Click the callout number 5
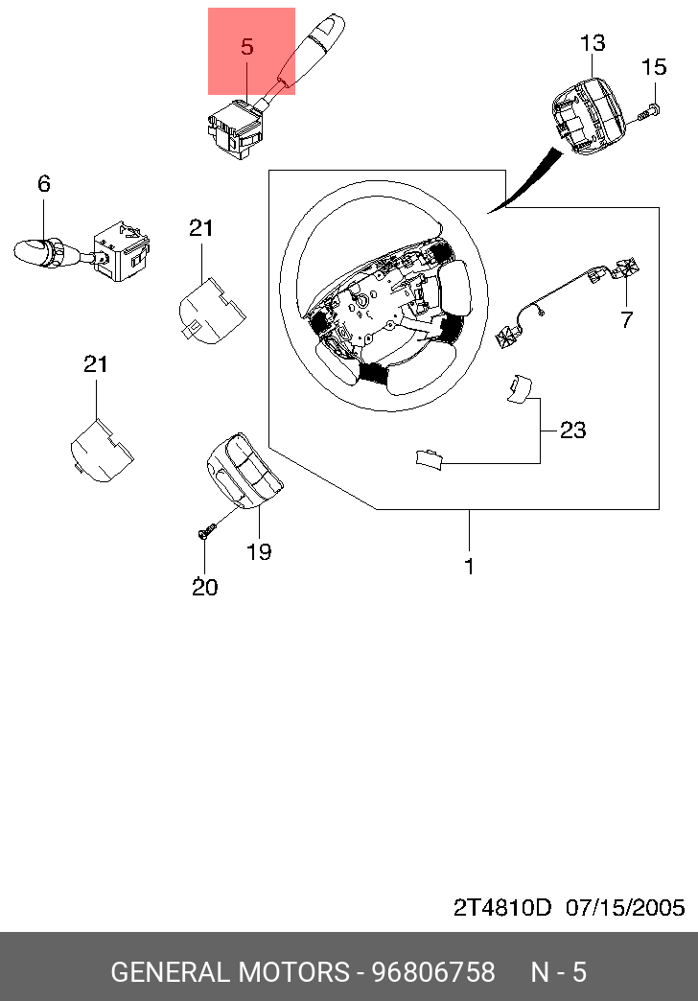pos(247,47)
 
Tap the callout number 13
pos(592,43)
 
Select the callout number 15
pos(653,66)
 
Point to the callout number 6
pos(43,184)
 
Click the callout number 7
pos(626,319)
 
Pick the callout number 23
pos(572,431)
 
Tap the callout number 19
pos(259,551)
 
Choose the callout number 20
pos(205,588)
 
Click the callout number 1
pos(470,567)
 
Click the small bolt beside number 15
pos(648,113)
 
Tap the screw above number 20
pos(207,530)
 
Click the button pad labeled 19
pos(244,470)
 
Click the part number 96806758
pos(433,972)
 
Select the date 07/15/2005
pos(625,908)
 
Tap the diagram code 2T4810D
pos(502,908)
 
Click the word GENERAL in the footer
pos(172,972)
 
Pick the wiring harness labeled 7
pos(562,300)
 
